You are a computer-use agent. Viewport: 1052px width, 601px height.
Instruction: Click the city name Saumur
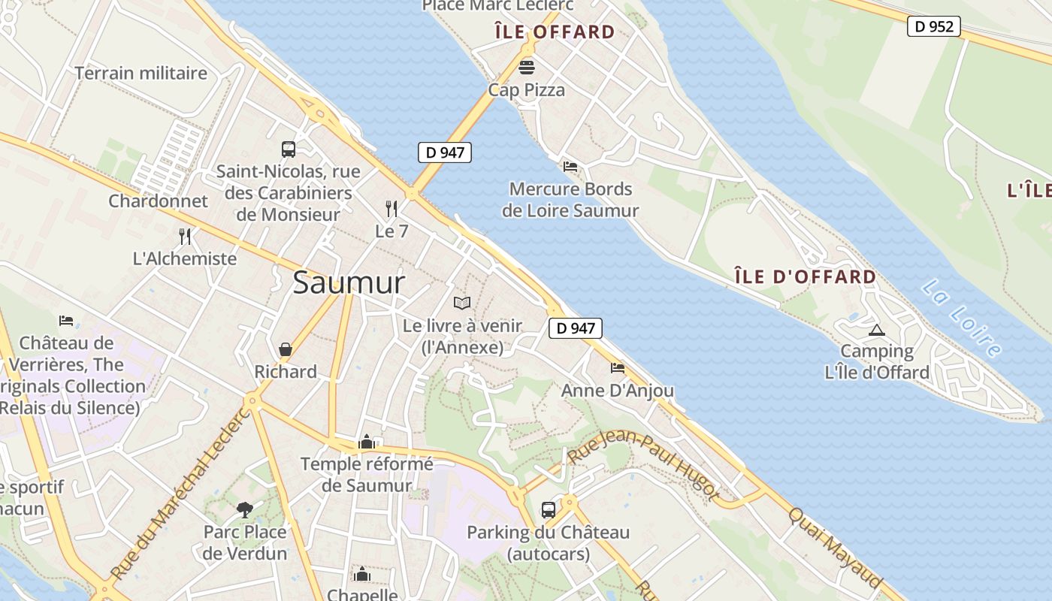point(349,282)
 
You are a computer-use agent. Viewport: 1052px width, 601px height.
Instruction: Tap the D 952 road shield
point(934,26)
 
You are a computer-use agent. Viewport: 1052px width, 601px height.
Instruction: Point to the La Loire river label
point(961,317)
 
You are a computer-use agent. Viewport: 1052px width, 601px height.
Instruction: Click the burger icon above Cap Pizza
point(527,67)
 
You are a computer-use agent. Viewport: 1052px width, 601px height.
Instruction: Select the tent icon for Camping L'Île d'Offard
point(876,330)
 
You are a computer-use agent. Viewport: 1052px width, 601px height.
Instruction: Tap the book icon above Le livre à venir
point(462,303)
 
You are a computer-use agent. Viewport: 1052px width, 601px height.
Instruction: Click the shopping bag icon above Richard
point(286,349)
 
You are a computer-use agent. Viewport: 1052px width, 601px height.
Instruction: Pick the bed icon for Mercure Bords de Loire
point(570,166)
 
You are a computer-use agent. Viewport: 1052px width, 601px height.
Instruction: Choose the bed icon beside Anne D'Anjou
point(618,368)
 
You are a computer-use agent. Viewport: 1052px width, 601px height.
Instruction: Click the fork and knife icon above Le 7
point(391,208)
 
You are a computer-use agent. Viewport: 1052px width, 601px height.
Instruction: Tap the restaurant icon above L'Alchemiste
point(185,236)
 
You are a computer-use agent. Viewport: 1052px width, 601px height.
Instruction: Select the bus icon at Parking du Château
point(549,510)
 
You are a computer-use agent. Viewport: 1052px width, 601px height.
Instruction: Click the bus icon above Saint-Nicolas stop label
point(289,149)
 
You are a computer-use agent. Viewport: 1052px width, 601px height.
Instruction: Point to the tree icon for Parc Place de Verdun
point(244,510)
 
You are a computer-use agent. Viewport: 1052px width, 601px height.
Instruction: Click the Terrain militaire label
point(141,73)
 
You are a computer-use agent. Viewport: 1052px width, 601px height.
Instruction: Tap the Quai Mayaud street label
point(835,547)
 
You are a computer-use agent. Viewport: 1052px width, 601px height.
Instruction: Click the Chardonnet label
point(158,201)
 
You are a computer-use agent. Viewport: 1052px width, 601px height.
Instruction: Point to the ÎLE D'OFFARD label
point(805,276)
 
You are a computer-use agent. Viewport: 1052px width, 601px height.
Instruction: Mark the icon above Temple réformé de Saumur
point(367,442)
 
